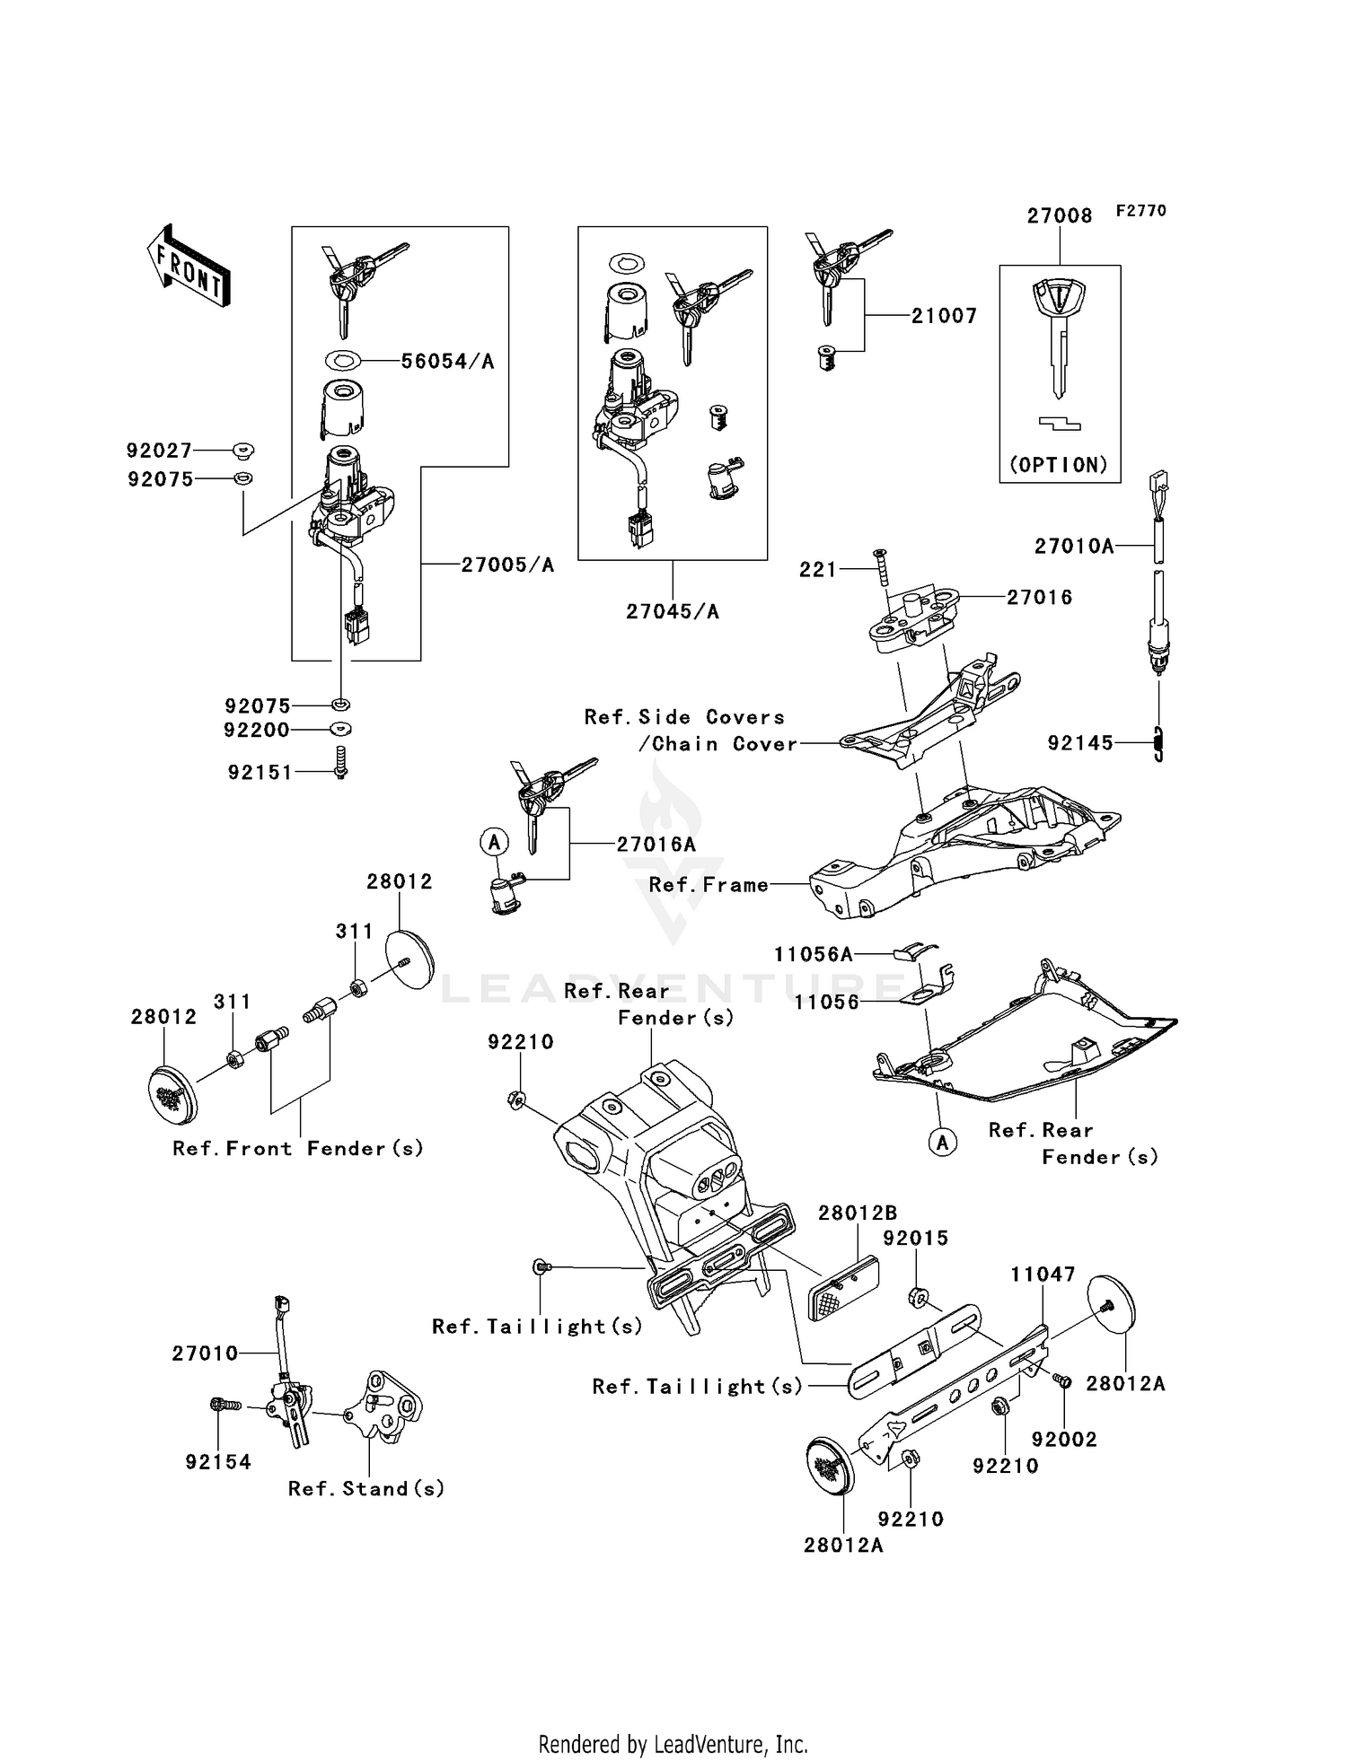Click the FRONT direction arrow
click(x=189, y=267)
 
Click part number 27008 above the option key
click(x=1060, y=216)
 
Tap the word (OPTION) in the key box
click(x=1059, y=465)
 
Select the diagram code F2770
click(x=1140, y=210)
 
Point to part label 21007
click(x=944, y=316)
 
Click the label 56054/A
click(x=447, y=362)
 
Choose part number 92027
click(x=160, y=451)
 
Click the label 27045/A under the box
click(x=673, y=612)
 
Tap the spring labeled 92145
click(x=1158, y=744)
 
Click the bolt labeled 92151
click(x=340, y=762)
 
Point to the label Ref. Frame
click(x=709, y=885)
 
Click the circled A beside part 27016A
click(x=493, y=842)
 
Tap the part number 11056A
click(x=814, y=955)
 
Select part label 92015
click(x=915, y=1239)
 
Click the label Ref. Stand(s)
click(x=366, y=1489)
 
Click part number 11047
click(x=1043, y=1275)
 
